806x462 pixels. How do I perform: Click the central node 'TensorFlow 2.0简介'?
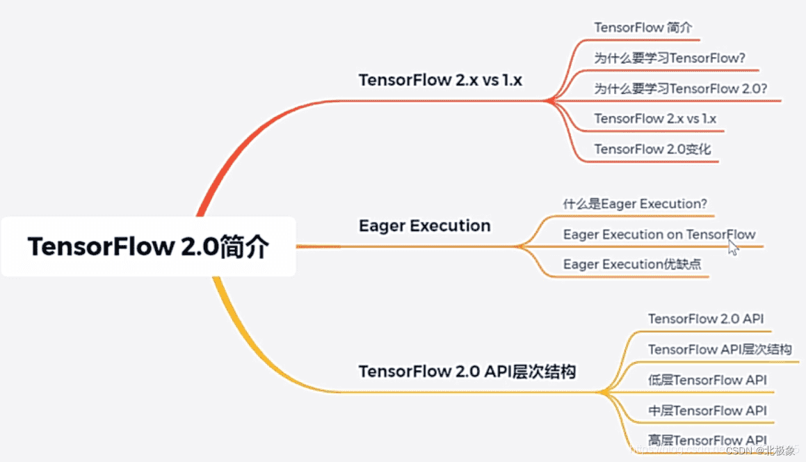tap(147, 248)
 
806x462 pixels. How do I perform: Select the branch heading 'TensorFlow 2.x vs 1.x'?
tap(440, 80)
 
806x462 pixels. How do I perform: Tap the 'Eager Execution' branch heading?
tap(424, 226)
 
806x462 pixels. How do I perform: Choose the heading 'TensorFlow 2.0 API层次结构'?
tap(467, 372)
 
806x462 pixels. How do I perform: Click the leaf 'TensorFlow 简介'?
tap(643, 27)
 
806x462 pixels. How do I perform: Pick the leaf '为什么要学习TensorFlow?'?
tap(670, 58)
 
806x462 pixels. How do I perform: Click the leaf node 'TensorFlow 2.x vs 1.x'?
tap(655, 119)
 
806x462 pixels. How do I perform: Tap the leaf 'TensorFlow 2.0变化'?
tap(652, 149)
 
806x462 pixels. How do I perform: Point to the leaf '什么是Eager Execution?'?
tap(634, 204)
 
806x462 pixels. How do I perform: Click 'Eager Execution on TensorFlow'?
tap(659, 234)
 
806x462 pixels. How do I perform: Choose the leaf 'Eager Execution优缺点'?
tap(632, 264)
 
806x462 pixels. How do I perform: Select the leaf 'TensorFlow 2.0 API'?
tap(706, 319)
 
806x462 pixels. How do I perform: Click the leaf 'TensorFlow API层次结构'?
tap(720, 349)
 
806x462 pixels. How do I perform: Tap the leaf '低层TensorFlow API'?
tap(707, 380)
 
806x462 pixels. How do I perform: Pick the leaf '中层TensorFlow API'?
tap(707, 411)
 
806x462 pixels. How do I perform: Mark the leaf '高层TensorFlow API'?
tap(707, 440)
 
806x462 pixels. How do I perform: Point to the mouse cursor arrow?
tap(732, 248)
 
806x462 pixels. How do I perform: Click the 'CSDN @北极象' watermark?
tap(759, 451)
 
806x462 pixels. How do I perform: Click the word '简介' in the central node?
tap(244, 248)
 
